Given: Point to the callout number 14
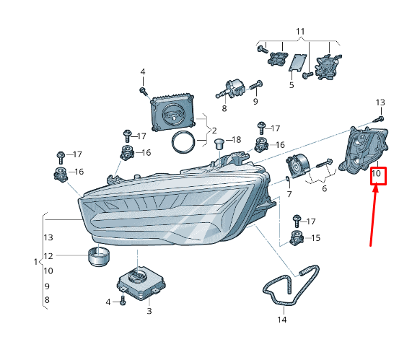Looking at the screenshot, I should (281, 319).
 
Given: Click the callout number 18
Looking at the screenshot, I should (236, 139).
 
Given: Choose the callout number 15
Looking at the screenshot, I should (315, 238).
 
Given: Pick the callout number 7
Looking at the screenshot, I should (289, 195).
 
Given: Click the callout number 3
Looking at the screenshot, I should (149, 312).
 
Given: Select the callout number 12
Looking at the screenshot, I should (48, 256).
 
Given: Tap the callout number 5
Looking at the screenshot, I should (292, 85).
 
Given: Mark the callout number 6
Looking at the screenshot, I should (324, 188).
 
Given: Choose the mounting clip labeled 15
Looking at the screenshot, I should (296, 239).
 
